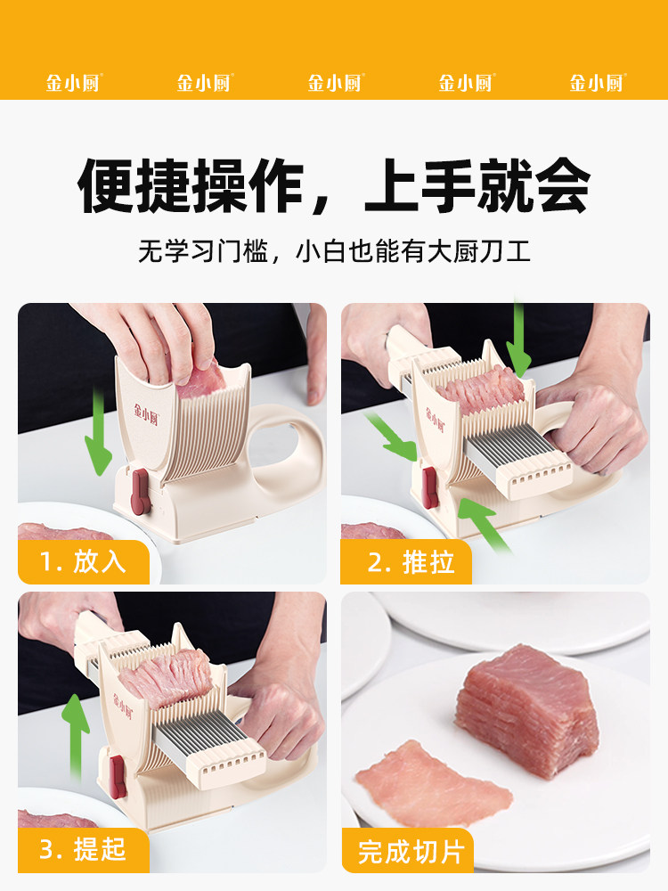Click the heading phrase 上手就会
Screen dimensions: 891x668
[477, 186]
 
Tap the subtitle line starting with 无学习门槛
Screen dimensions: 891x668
[334, 250]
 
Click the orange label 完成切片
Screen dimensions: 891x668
[410, 851]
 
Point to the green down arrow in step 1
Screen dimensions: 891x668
[94, 441]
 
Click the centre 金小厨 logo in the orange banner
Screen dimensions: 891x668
[335, 83]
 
